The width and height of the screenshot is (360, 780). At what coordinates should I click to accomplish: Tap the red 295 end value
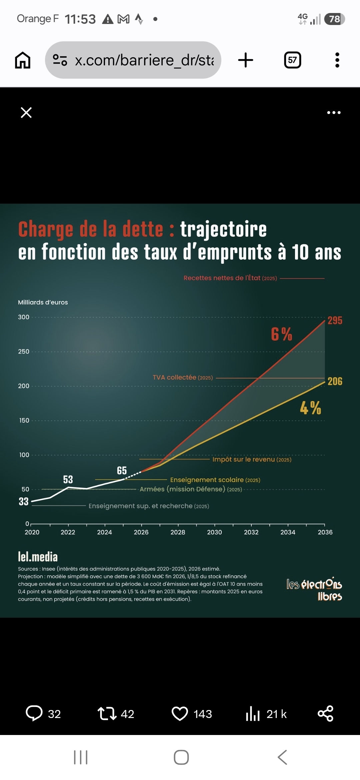click(x=335, y=320)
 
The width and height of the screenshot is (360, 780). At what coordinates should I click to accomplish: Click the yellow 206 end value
click(x=335, y=381)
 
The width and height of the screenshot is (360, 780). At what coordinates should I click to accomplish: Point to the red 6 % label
click(x=282, y=334)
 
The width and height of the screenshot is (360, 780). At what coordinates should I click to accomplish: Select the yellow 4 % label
click(x=310, y=408)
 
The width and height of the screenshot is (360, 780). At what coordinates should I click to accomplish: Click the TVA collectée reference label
click(x=183, y=377)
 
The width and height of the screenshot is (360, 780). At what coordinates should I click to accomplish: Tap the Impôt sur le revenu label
click(x=252, y=459)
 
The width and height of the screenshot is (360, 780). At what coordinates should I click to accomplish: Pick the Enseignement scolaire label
click(x=215, y=480)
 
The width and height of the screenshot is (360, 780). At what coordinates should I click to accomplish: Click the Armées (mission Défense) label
click(x=191, y=489)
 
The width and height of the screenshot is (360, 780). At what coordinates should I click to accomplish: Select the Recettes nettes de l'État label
click(x=230, y=278)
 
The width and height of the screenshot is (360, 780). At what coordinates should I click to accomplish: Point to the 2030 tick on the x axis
click(x=214, y=532)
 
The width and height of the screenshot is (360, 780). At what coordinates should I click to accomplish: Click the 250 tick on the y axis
click(x=24, y=351)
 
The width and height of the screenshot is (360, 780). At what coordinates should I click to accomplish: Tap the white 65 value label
click(x=122, y=471)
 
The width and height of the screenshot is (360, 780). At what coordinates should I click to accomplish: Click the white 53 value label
click(x=68, y=479)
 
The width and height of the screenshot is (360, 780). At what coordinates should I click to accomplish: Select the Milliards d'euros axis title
click(x=43, y=302)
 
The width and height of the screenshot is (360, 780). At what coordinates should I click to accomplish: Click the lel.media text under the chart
click(x=38, y=557)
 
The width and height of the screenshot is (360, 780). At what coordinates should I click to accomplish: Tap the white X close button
click(x=26, y=113)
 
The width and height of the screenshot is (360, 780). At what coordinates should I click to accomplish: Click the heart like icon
click(x=180, y=714)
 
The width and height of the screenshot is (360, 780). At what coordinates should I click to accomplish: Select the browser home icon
click(x=23, y=60)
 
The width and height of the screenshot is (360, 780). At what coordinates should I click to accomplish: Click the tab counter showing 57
click(x=293, y=60)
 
